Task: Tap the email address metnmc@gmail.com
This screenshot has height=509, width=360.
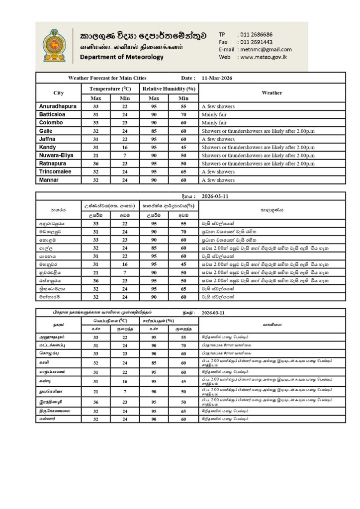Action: pyautogui.click(x=265, y=50)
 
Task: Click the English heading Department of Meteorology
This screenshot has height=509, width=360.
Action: pyautogui.click(x=121, y=57)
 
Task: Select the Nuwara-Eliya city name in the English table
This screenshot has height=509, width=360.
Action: pyautogui.click(x=56, y=155)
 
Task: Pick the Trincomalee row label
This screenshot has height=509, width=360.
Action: pyautogui.click(x=55, y=171)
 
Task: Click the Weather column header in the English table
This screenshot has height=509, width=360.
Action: pyautogui.click(x=271, y=92)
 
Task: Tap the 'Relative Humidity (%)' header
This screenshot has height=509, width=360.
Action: pyautogui.click(x=169, y=88)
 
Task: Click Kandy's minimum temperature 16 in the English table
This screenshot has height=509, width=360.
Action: pyautogui.click(x=125, y=147)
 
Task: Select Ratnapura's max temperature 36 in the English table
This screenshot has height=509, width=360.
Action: pyautogui.click(x=96, y=164)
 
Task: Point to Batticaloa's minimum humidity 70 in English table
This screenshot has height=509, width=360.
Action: pyautogui.click(x=183, y=114)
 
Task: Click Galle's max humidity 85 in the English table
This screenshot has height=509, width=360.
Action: pyautogui.click(x=154, y=131)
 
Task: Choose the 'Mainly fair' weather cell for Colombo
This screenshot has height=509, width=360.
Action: pyautogui.click(x=214, y=123)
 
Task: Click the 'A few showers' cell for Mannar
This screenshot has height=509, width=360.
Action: pyautogui.click(x=218, y=180)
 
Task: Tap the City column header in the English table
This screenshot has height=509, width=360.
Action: pyautogui.click(x=58, y=93)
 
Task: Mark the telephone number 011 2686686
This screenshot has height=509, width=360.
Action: pyautogui.click(x=256, y=34)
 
